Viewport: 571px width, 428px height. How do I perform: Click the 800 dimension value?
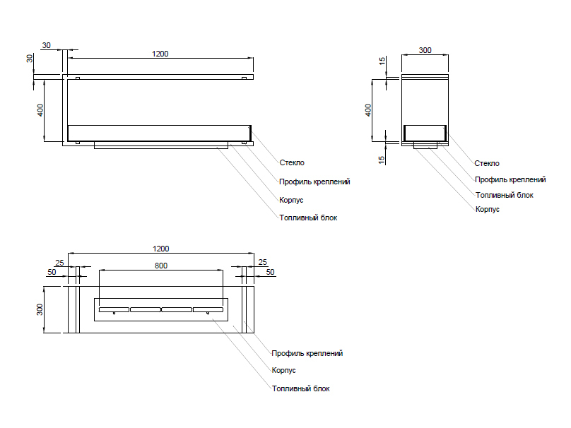tap(161, 266)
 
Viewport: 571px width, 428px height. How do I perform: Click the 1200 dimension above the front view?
tap(160, 54)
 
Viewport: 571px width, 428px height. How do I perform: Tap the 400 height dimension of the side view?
tap(368, 111)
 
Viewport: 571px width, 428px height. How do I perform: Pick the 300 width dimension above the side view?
tap(425, 50)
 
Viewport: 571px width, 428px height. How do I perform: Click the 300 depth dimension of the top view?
tap(41, 309)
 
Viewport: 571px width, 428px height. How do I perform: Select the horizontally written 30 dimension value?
tap(47, 45)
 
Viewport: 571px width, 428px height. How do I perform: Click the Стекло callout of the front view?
tap(292, 163)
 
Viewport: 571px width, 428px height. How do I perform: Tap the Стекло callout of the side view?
tap(487, 163)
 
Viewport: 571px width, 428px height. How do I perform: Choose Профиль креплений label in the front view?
tap(314, 182)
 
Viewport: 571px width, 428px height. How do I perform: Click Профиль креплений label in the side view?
tap(510, 179)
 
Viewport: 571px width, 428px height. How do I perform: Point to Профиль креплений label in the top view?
tap(307, 353)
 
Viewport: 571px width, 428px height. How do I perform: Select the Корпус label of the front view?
tap(291, 200)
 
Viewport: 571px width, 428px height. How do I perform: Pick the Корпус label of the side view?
tap(487, 210)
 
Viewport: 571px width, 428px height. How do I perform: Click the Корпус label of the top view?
tap(283, 370)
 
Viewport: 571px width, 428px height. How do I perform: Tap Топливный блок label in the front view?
tap(308, 218)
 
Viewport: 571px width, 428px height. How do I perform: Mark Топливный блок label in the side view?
tap(504, 195)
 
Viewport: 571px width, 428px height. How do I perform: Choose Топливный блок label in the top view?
tap(300, 388)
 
